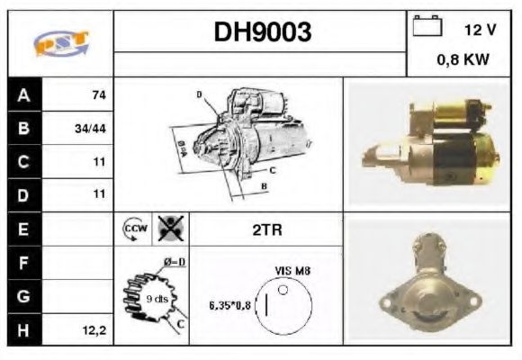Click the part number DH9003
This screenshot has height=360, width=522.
(x=262, y=32)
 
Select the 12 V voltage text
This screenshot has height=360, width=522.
(x=480, y=29)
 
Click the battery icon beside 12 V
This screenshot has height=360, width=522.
(x=426, y=27)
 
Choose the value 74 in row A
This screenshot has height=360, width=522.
(x=98, y=94)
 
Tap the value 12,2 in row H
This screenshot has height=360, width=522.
(x=94, y=330)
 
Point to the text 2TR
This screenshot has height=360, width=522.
(x=266, y=229)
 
